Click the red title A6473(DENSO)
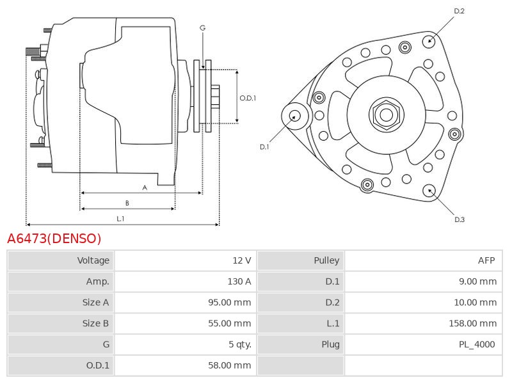click(x=54, y=239)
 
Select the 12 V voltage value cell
click(x=242, y=260)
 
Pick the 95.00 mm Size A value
click(x=229, y=303)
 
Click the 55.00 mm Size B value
click(x=229, y=324)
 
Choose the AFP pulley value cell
click(x=486, y=260)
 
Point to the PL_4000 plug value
click(x=477, y=345)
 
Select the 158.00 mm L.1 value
click(x=472, y=324)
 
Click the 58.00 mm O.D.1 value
click(x=229, y=365)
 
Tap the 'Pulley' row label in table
click(x=326, y=260)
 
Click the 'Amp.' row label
click(x=97, y=281)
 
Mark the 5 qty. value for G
click(x=240, y=345)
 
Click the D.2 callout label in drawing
click(x=459, y=11)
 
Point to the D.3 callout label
click(x=459, y=220)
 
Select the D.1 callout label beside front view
click(x=264, y=147)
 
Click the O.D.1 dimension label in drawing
click(x=248, y=98)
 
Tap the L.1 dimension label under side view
click(x=120, y=219)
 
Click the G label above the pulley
click(x=202, y=28)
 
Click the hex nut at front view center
click(x=386, y=115)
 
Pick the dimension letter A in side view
click(x=145, y=187)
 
